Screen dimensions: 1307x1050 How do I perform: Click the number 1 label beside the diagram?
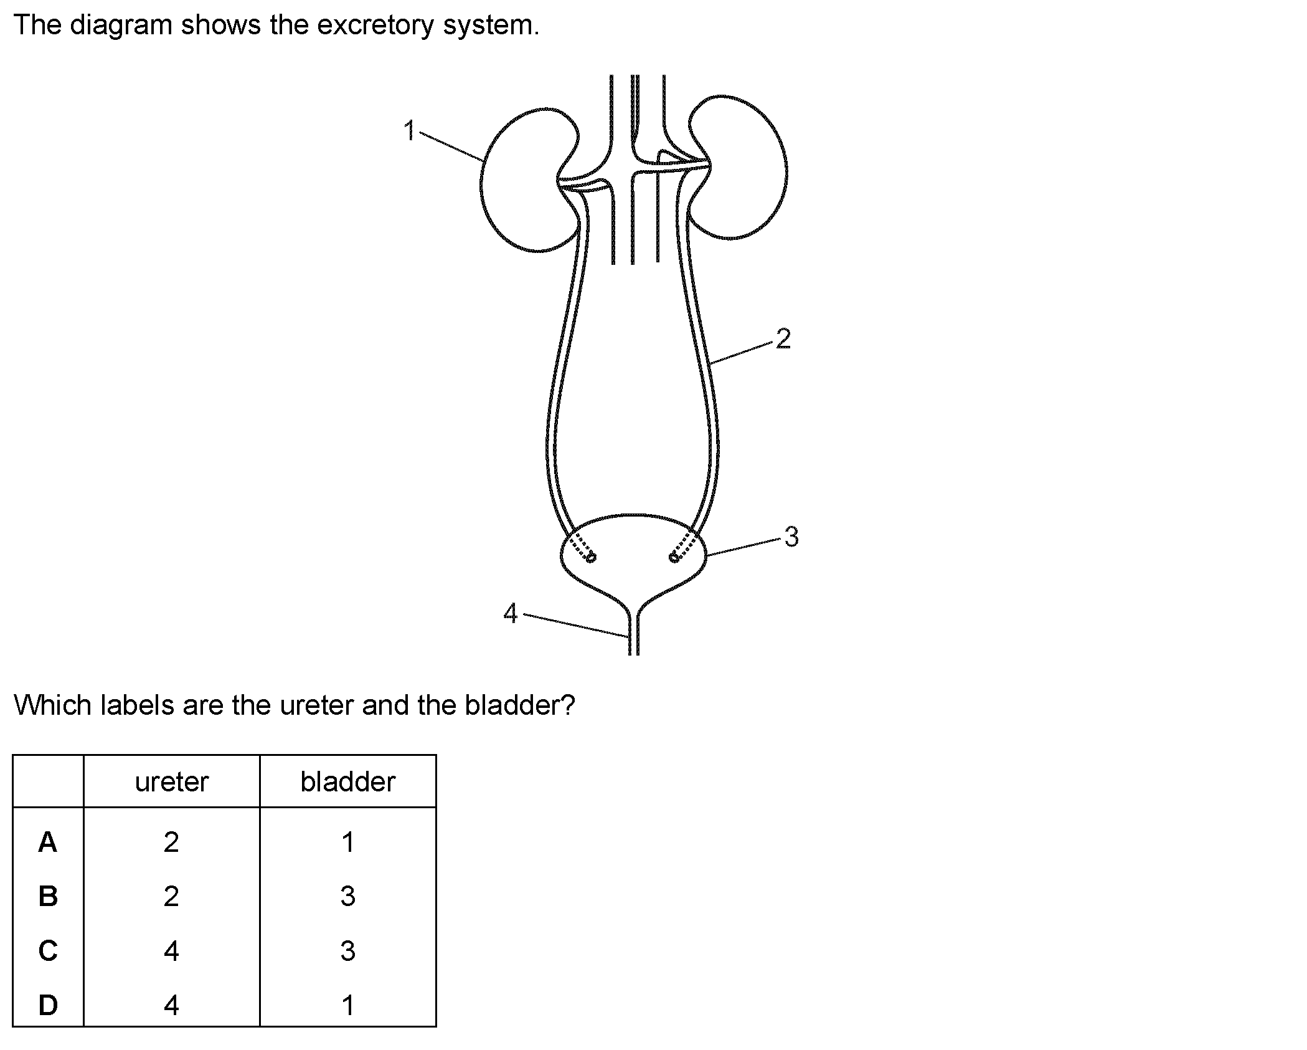[x=409, y=131]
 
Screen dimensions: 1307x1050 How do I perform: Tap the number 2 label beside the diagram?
[x=783, y=338]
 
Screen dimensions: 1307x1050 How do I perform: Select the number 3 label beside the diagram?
[x=791, y=537]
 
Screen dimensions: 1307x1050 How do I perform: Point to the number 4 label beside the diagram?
[x=511, y=613]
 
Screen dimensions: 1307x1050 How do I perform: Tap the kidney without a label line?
[x=741, y=168]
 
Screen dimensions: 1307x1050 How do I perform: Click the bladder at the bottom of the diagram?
[x=634, y=555]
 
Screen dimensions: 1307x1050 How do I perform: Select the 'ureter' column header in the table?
[x=171, y=781]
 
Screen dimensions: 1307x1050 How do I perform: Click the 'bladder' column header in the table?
[x=347, y=781]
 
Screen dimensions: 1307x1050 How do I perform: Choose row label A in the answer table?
[x=48, y=842]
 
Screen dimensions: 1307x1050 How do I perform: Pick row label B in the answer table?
[x=48, y=896]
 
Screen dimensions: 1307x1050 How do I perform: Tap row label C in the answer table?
[x=48, y=951]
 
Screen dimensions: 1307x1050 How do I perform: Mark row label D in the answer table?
[x=48, y=1005]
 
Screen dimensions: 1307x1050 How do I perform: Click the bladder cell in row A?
[x=348, y=842]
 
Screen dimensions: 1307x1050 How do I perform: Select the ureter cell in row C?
[x=171, y=951]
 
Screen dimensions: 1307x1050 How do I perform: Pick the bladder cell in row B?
[x=348, y=896]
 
